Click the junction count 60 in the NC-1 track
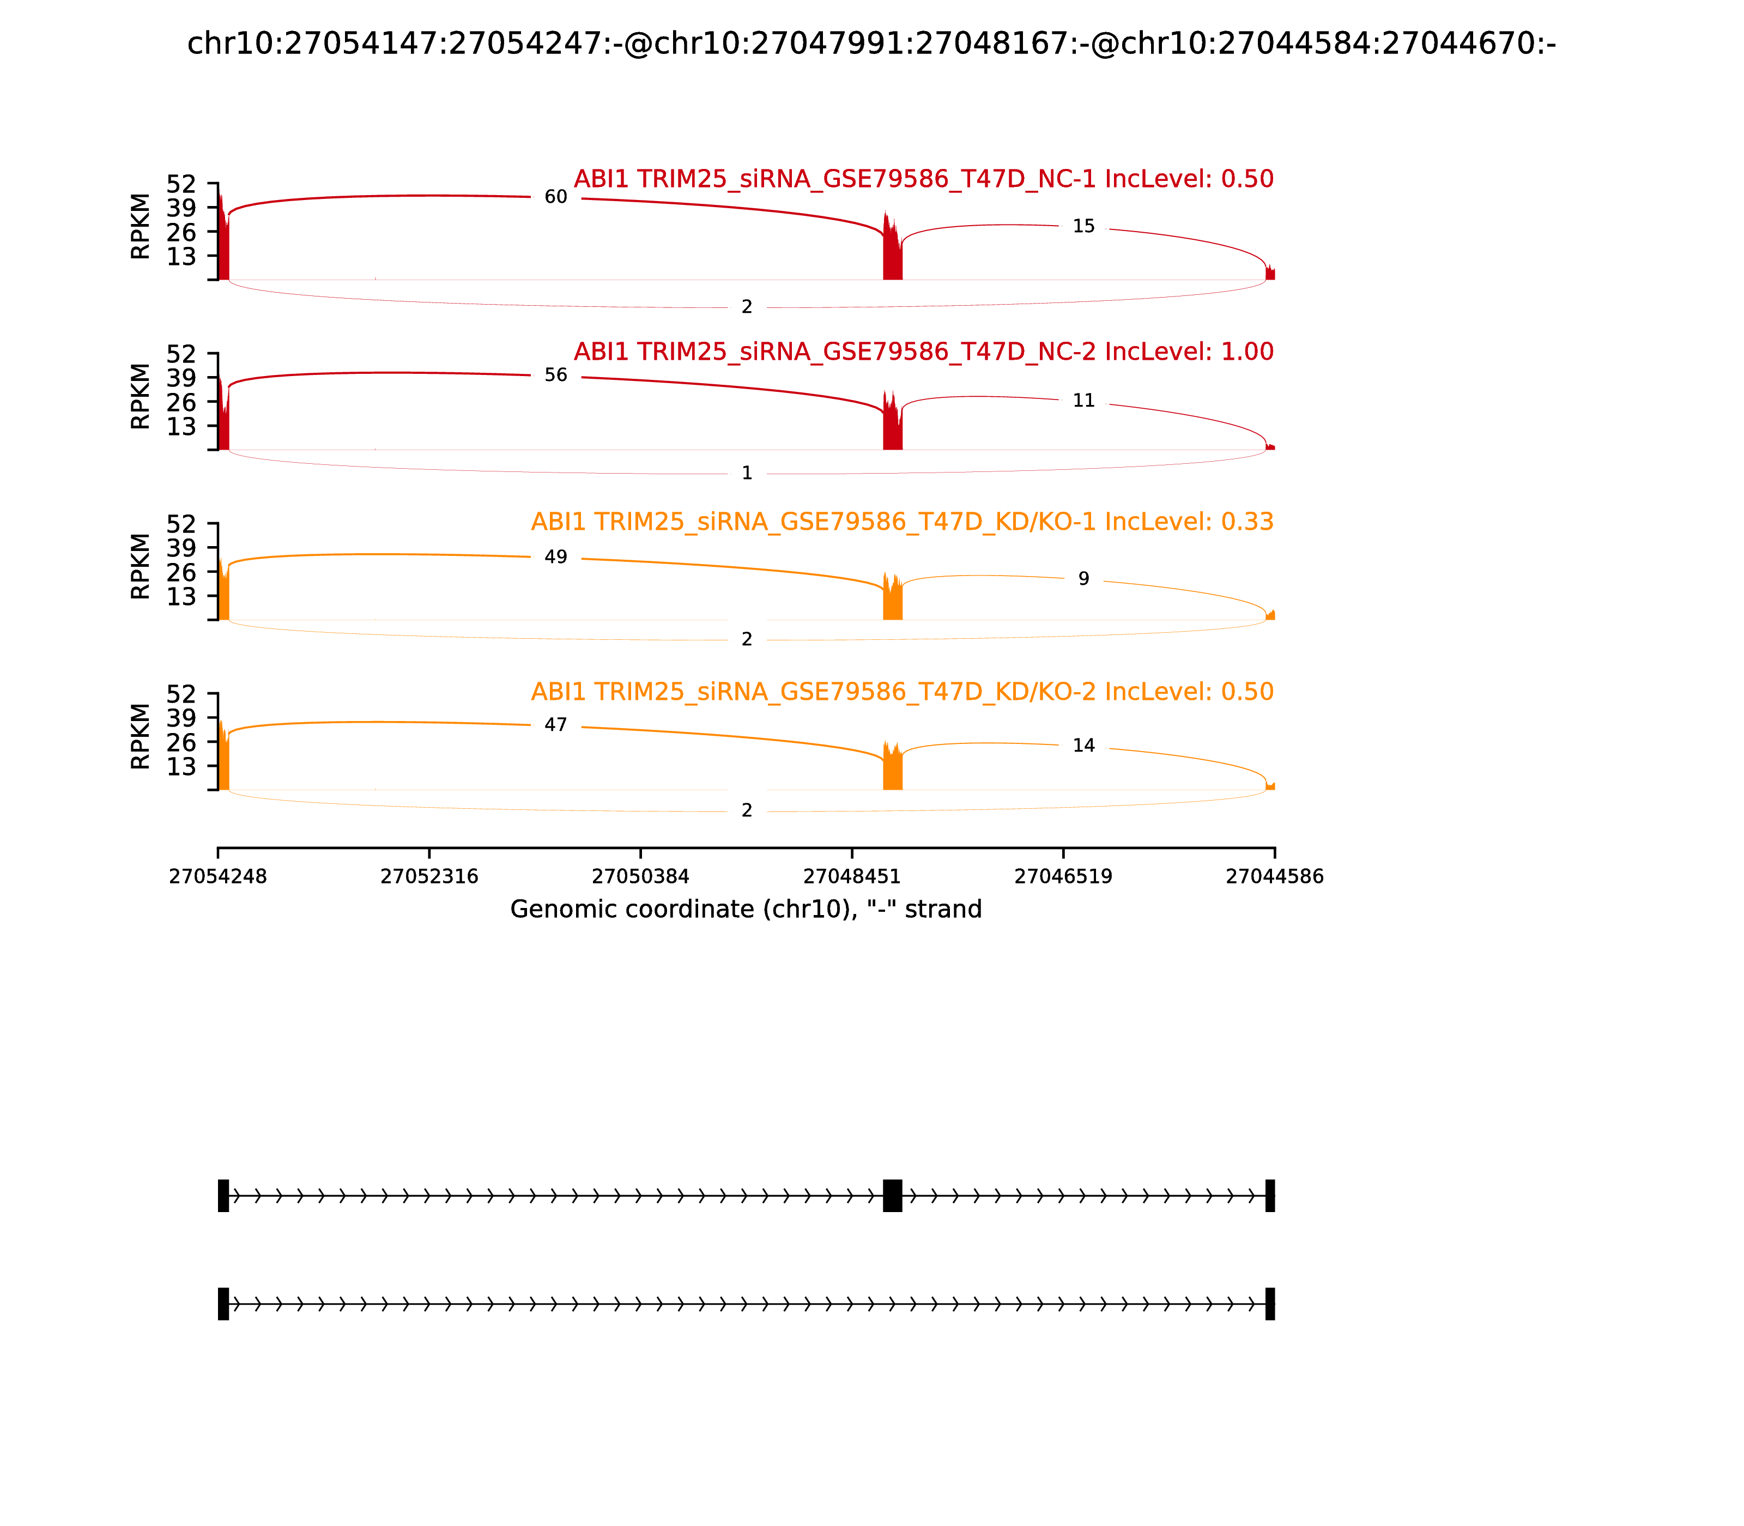click(x=555, y=197)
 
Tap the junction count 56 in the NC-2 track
click(x=555, y=376)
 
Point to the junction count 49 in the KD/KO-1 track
click(x=555, y=557)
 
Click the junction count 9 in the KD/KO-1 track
click(x=1083, y=579)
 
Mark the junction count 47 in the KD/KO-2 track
click(x=555, y=725)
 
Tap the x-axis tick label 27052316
click(x=429, y=876)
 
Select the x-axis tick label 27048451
click(x=851, y=876)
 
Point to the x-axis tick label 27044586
click(x=1274, y=876)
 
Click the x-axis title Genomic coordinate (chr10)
click(x=746, y=910)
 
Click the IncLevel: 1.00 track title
click(x=923, y=352)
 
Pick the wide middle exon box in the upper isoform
click(x=893, y=1196)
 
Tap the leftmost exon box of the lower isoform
click(x=223, y=1304)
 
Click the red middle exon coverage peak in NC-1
click(x=892, y=251)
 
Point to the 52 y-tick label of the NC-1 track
click(x=180, y=184)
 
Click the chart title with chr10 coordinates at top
click(x=871, y=44)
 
